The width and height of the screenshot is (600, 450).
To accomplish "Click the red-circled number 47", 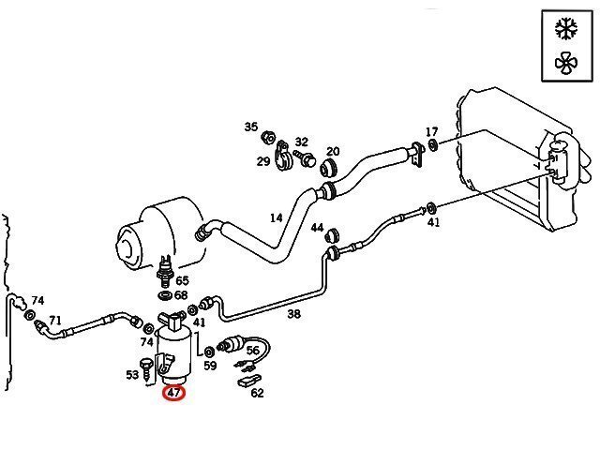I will point(175,394).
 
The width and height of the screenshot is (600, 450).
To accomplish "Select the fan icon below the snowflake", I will point(565,63).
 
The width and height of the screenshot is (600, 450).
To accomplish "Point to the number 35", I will point(251,127).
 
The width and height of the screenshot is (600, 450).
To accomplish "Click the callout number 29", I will point(263,161).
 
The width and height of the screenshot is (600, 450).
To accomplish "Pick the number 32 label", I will point(301,142).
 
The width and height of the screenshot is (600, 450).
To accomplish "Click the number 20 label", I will point(333,152).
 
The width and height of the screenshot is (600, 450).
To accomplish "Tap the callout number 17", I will point(431,131).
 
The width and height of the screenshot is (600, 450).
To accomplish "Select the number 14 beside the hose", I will point(276,218).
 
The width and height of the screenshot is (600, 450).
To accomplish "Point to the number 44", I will point(317,228).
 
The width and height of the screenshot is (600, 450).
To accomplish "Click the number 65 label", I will point(182,280).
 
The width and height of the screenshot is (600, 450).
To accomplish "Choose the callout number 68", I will point(181,295).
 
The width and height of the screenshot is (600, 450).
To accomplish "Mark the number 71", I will point(55,320).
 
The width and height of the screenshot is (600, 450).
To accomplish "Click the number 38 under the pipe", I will point(293,314).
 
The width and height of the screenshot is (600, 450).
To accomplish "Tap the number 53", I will point(131,374).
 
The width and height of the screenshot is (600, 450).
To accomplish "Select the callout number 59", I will point(210,366).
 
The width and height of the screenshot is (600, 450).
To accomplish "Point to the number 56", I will point(252,351).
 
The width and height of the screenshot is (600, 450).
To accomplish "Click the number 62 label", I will point(257,393).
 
